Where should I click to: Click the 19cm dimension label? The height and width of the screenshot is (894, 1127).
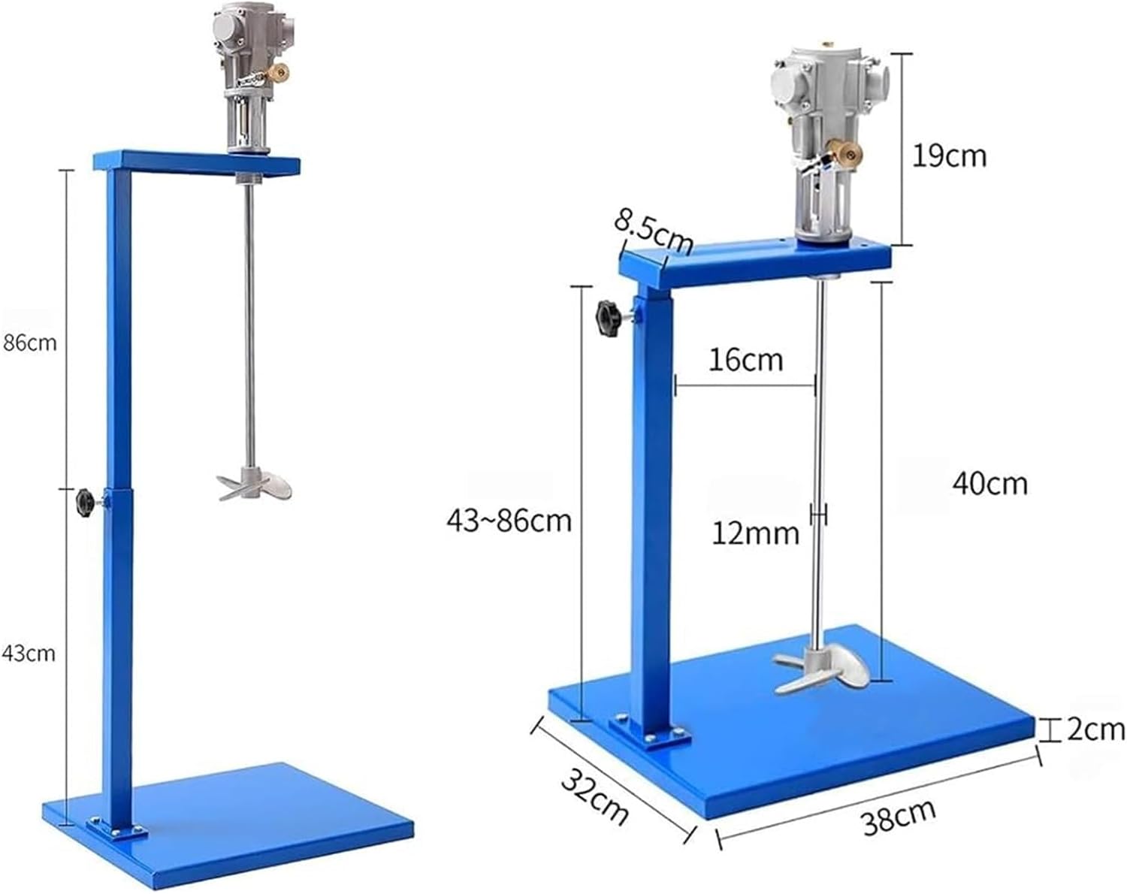(949, 156)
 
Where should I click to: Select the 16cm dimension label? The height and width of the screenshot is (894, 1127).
(745, 360)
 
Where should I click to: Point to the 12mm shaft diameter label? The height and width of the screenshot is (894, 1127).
(755, 533)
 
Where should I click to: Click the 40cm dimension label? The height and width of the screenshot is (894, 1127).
(990, 483)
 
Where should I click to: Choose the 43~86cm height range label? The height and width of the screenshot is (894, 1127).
(509, 520)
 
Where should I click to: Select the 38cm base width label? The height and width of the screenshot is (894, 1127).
(899, 817)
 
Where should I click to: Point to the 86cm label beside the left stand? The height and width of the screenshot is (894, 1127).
(29, 343)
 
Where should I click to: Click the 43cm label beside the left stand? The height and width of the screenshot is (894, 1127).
(29, 654)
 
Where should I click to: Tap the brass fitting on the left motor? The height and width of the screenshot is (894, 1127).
(280, 73)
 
